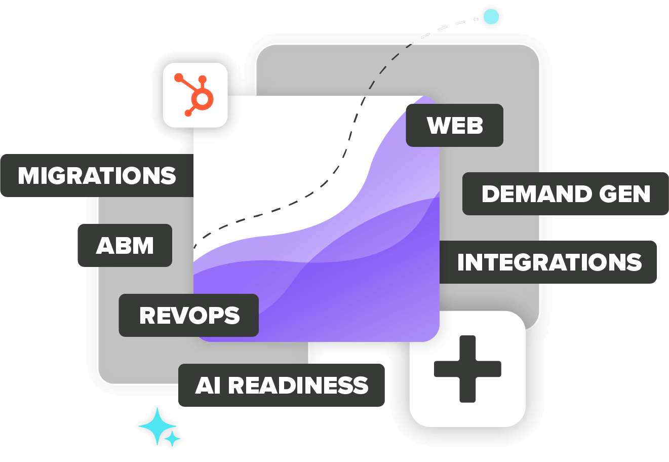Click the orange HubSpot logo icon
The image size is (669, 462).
pos(195,95)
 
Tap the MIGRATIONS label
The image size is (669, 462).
pos(97,176)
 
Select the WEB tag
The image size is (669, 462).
pos(455,126)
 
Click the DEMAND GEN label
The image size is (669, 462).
pos(566,194)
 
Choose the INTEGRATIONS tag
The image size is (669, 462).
pos(549,262)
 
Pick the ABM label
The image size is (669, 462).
pos(125,246)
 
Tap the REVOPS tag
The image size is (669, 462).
pos(189,316)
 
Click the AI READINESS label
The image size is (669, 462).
pos(282,386)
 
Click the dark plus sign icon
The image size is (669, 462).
pos(467,369)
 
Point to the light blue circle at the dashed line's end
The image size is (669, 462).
pos(490,17)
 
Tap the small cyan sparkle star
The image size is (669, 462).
pos(173,439)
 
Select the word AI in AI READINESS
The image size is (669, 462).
pos(208,386)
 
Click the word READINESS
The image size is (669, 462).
pos(298,386)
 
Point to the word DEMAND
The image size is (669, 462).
pos(537,194)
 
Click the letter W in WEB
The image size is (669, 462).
pos(439,126)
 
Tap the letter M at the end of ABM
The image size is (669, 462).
pos(143,246)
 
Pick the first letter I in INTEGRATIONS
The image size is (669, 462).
pos(461,262)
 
